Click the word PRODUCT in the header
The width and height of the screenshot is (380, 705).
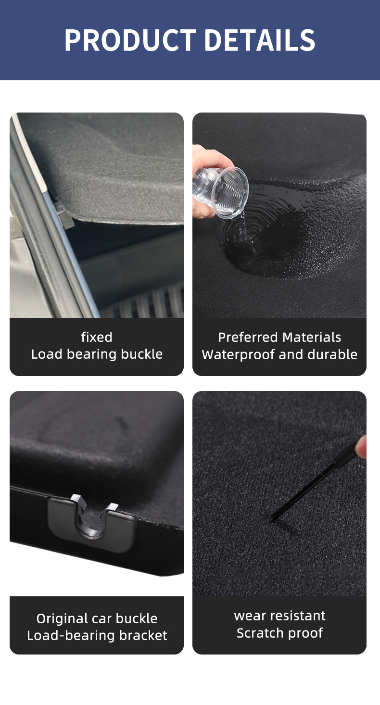pyautogui.click(x=130, y=40)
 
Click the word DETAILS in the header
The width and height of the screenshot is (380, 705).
pyautogui.click(x=260, y=40)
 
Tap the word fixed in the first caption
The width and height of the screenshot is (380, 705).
pyautogui.click(x=97, y=337)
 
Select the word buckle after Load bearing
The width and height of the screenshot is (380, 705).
pyautogui.click(x=142, y=354)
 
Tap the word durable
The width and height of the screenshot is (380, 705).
pyautogui.click(x=332, y=354)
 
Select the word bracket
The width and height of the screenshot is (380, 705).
pyautogui.click(x=143, y=635)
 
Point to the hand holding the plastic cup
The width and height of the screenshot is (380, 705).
pyautogui.click(x=208, y=176)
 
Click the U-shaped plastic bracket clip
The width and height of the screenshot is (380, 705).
pyautogui.click(x=91, y=522)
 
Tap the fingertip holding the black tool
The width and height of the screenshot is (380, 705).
pyautogui.click(x=362, y=446)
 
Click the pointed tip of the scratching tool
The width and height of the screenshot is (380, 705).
pyautogui.click(x=270, y=520)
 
